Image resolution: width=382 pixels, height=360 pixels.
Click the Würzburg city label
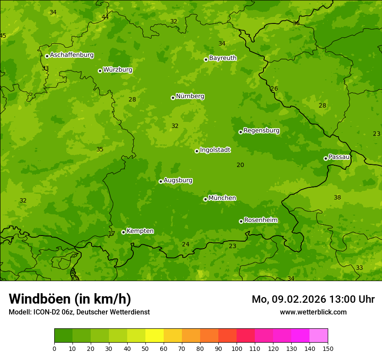(x=118, y=70)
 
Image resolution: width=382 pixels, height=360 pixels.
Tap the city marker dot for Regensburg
(x=240, y=132)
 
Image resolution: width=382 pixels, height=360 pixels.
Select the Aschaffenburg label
(x=72, y=55)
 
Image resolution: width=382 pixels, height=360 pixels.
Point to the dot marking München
(x=205, y=199)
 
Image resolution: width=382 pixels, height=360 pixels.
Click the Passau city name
(x=339, y=157)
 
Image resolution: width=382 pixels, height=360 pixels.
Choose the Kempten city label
(x=140, y=231)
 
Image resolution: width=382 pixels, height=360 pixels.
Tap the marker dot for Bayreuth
(x=206, y=59)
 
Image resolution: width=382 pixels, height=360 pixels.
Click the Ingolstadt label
(x=215, y=150)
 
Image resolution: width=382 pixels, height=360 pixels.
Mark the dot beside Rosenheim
(x=241, y=221)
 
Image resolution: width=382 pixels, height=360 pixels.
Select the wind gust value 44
(x=105, y=17)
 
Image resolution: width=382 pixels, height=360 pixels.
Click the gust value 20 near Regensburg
(x=240, y=165)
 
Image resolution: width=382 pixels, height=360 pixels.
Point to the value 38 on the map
(x=337, y=197)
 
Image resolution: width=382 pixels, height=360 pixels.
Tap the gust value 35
(x=100, y=150)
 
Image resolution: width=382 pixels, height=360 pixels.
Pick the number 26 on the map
(x=274, y=89)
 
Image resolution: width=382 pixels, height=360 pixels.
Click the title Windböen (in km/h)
(x=70, y=299)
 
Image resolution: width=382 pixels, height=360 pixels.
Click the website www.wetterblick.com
(x=313, y=312)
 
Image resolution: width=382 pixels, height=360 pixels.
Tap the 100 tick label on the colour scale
(x=237, y=348)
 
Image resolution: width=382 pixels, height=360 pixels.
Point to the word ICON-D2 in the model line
(x=45, y=312)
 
